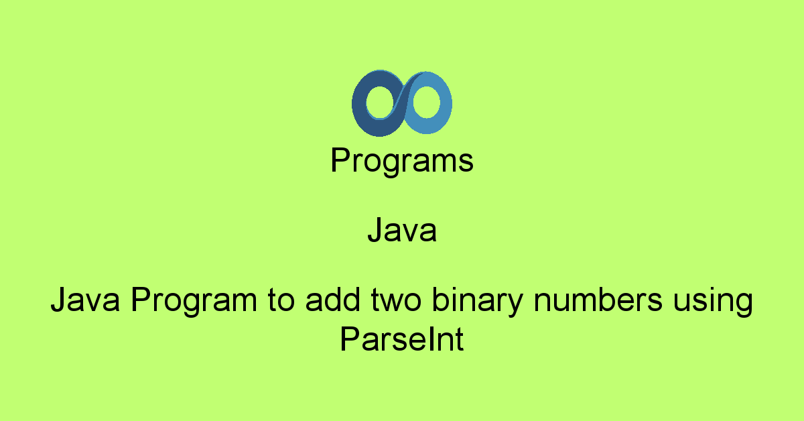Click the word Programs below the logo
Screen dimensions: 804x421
pyautogui.click(x=402, y=161)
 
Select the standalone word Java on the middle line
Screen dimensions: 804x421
pyautogui.click(x=402, y=230)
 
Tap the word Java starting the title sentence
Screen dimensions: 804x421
pyautogui.click(x=85, y=300)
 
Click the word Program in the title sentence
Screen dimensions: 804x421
pyautogui.click(x=194, y=302)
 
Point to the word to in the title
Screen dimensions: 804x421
pyautogui.click(x=281, y=300)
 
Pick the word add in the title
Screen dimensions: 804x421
pyautogui.click(x=333, y=300)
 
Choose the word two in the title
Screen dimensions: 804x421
pyautogui.click(x=396, y=300)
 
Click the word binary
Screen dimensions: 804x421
pyautogui.click(x=478, y=302)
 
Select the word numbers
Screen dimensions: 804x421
pyautogui.click(x=598, y=300)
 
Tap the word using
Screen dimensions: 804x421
pyautogui.click(x=713, y=302)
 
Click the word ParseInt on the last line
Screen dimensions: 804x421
pyautogui.click(x=402, y=339)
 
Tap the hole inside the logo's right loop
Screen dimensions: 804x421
pyautogui.click(x=426, y=102)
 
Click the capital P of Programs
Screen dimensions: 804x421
pyautogui.click(x=341, y=160)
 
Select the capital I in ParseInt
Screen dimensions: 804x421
pyautogui.click(x=423, y=339)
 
